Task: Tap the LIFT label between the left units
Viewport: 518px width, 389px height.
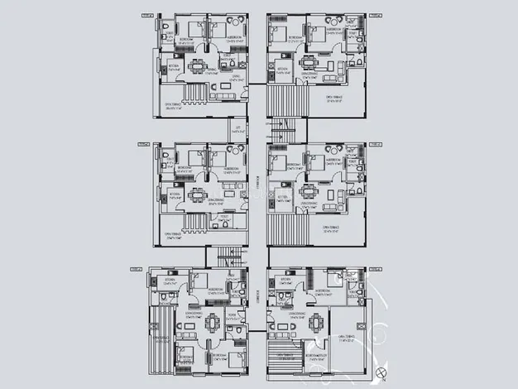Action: (238, 129)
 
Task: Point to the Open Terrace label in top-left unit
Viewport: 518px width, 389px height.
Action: (175, 105)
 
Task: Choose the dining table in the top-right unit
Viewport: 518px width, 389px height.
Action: (309, 62)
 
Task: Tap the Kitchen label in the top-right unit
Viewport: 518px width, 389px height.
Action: (282, 69)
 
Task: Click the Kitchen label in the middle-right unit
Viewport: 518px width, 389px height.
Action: (282, 196)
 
